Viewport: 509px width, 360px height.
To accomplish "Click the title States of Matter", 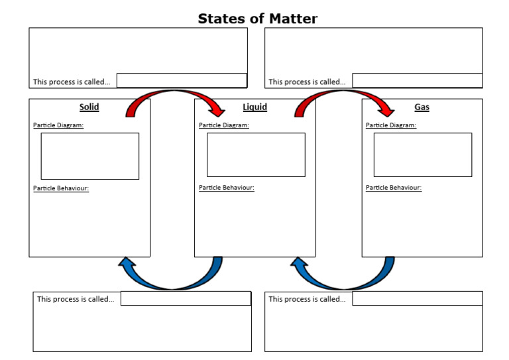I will [x=257, y=19].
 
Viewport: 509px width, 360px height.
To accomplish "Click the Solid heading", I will [x=89, y=107].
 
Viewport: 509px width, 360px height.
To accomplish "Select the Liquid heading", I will [x=254, y=107].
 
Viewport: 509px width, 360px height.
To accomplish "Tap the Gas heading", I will [x=422, y=107].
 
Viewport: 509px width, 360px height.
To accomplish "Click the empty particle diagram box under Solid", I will [x=90, y=156].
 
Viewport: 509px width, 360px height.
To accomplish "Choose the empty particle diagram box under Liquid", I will [x=256, y=154].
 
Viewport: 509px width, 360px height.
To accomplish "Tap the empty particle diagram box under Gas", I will [x=423, y=154].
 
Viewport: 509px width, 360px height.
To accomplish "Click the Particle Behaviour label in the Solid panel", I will [x=61, y=188].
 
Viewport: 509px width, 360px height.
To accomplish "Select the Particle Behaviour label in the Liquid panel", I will [x=227, y=188].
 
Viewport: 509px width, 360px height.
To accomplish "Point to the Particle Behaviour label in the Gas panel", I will [x=394, y=188].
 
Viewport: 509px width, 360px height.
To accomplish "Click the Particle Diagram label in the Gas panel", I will [x=391, y=125].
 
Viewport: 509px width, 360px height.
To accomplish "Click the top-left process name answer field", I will [x=182, y=81].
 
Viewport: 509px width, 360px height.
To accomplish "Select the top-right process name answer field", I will [x=417, y=81].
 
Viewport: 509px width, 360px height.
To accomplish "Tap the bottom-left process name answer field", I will [x=186, y=298].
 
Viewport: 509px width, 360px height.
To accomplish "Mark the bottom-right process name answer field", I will [x=417, y=298].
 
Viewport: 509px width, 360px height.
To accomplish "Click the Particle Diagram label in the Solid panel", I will [x=58, y=125].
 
